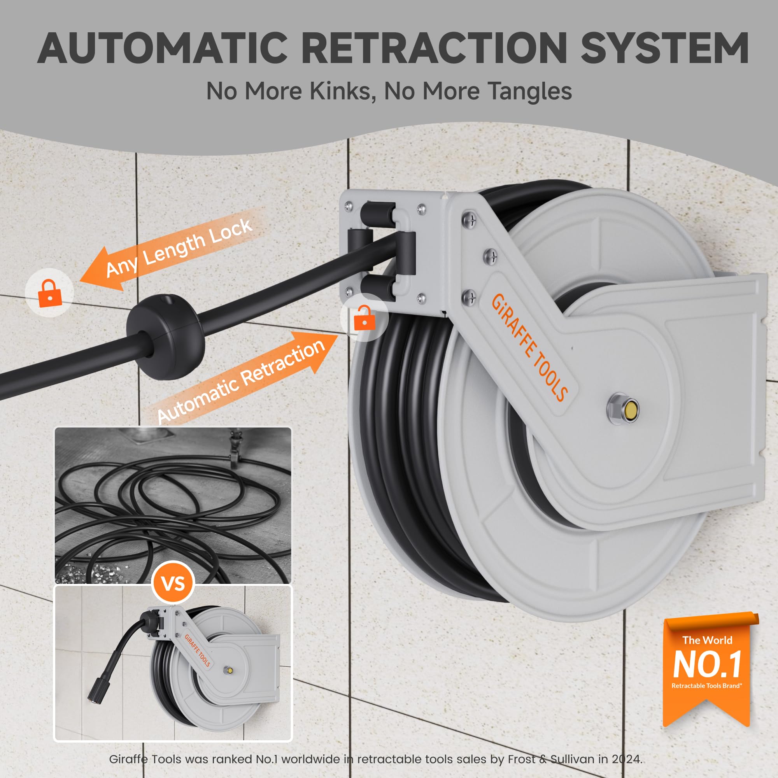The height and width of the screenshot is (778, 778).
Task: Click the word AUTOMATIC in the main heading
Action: [163, 48]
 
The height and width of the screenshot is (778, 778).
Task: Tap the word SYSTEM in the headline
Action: [664, 48]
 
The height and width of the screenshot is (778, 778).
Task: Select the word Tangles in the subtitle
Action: [529, 91]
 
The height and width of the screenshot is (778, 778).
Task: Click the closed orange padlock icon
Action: [49, 293]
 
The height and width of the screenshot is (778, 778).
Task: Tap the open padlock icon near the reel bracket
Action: [364, 319]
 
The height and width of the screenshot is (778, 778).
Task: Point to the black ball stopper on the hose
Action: [165, 336]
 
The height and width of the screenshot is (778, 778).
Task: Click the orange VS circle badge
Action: [173, 583]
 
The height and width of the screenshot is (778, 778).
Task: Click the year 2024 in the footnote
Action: [626, 759]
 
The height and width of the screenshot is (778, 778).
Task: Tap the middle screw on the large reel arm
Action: [490, 256]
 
